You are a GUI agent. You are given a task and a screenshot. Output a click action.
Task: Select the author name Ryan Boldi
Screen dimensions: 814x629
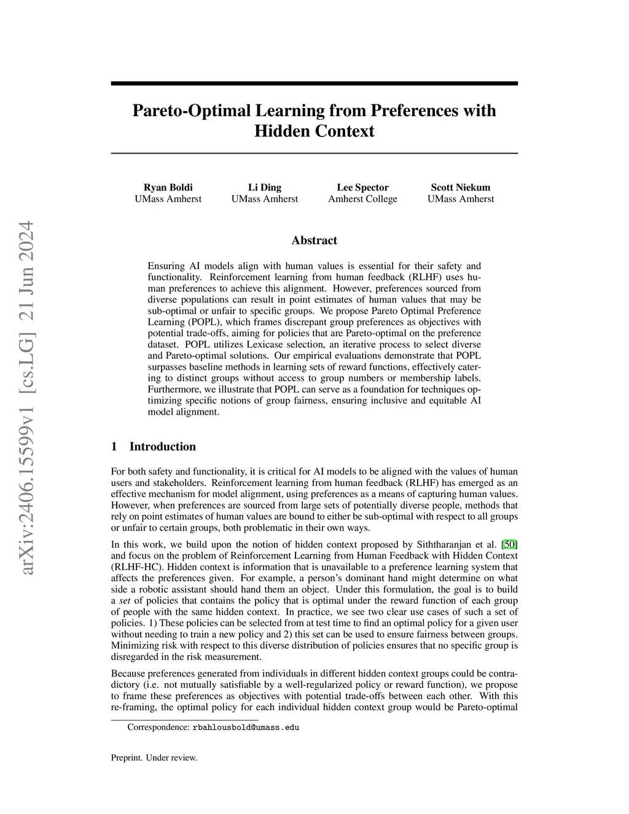168,187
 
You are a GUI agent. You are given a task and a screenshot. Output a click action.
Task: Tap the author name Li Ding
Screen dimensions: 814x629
264,187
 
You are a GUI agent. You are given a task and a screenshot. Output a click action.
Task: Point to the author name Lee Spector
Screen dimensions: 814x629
362,187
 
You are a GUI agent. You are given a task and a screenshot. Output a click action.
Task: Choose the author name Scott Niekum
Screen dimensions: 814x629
460,187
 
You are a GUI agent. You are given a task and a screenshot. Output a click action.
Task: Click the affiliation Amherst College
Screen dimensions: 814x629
362,199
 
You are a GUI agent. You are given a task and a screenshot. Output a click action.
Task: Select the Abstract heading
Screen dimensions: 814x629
314,240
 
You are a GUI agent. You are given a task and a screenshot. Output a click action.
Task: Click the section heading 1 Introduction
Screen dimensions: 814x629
153,447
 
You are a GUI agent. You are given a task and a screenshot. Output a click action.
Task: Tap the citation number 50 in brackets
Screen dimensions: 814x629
509,544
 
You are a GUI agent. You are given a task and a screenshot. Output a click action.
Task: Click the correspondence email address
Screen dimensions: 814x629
246,727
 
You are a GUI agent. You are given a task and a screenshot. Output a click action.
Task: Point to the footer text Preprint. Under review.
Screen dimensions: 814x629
154,757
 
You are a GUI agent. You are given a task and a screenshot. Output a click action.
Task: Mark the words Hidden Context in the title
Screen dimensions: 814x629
314,131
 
